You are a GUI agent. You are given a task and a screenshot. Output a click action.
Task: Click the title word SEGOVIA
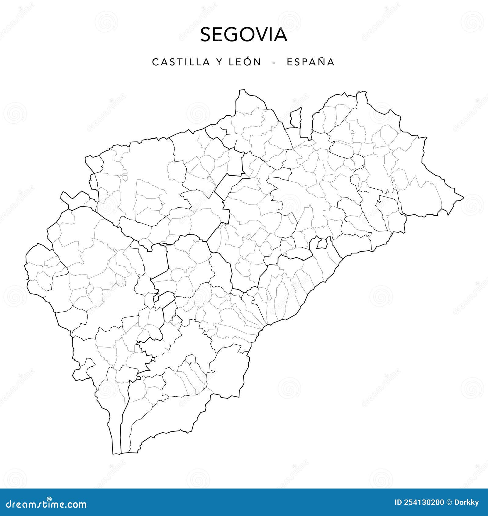[244, 35]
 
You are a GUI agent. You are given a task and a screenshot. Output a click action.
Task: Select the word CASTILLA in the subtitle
[181, 62]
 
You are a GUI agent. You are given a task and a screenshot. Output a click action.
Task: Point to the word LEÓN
[243, 62]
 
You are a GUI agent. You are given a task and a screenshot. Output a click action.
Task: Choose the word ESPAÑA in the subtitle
[310, 62]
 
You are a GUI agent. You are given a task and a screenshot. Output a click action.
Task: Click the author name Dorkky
[467, 503]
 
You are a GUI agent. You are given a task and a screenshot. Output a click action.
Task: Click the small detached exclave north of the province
[296, 118]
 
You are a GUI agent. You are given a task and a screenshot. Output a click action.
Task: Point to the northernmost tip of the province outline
[242, 90]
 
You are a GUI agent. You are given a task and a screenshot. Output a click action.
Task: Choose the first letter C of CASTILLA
[155, 62]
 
